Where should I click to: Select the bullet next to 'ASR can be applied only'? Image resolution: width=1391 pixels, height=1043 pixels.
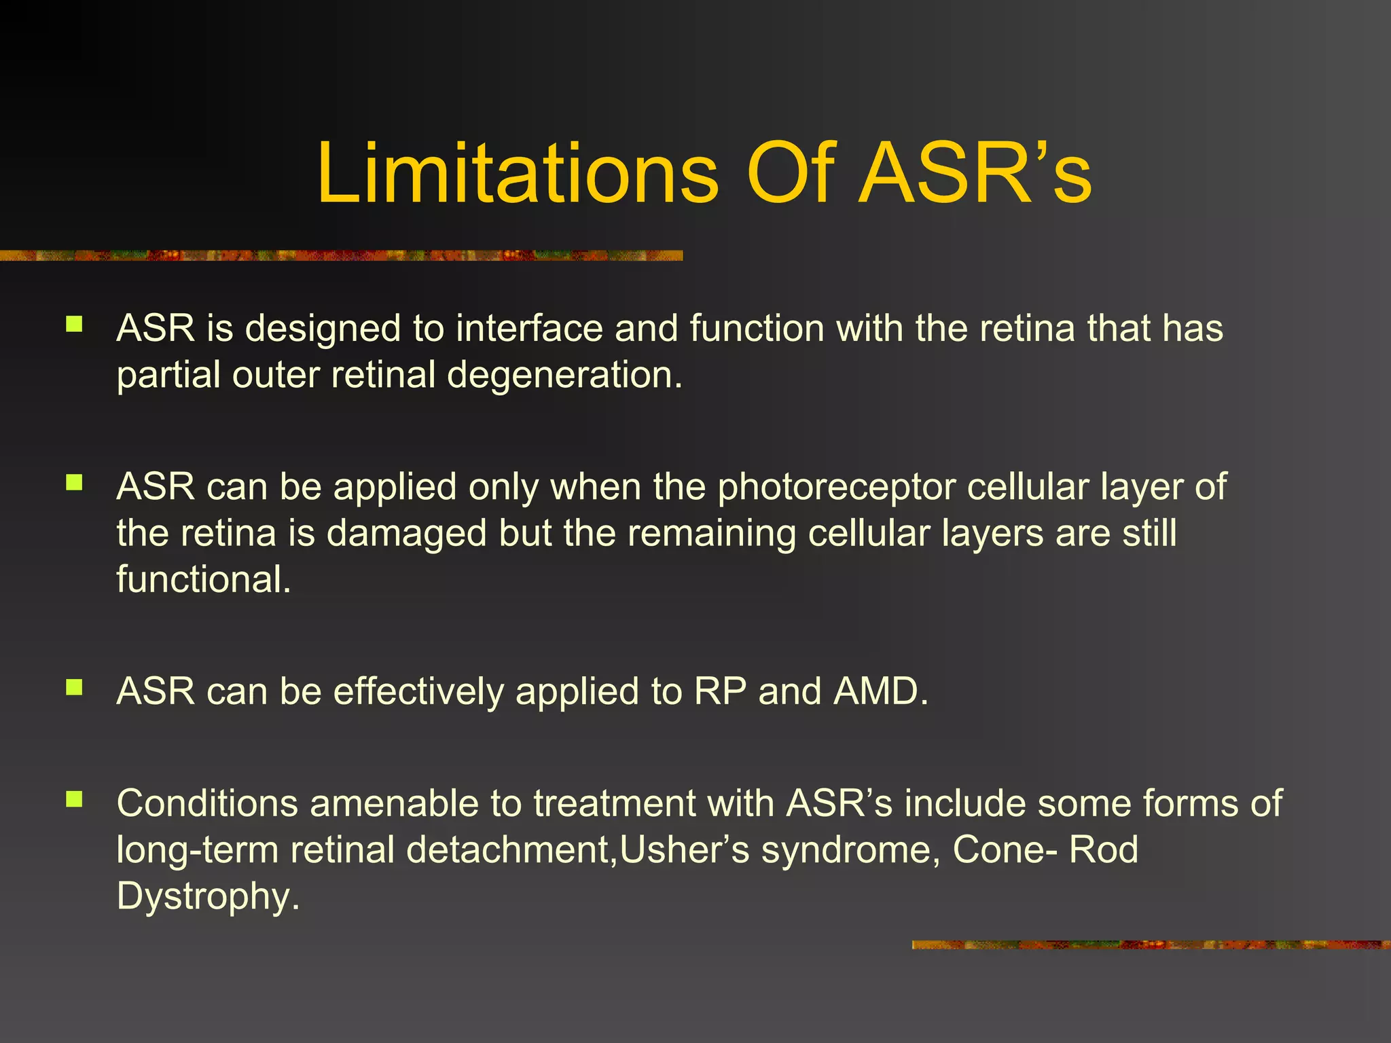[74, 483]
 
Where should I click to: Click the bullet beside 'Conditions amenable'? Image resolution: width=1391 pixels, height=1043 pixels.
[74, 799]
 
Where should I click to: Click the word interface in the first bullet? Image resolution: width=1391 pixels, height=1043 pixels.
[529, 329]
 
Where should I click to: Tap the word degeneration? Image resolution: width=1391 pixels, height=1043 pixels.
[564, 375]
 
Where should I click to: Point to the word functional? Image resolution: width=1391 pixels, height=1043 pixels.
[203, 580]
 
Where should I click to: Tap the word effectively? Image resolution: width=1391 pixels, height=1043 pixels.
[418, 692]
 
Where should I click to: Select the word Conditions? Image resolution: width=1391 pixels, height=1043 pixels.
[207, 804]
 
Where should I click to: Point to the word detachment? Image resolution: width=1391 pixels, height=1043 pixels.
[509, 850]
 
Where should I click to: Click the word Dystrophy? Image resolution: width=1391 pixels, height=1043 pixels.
[207, 896]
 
